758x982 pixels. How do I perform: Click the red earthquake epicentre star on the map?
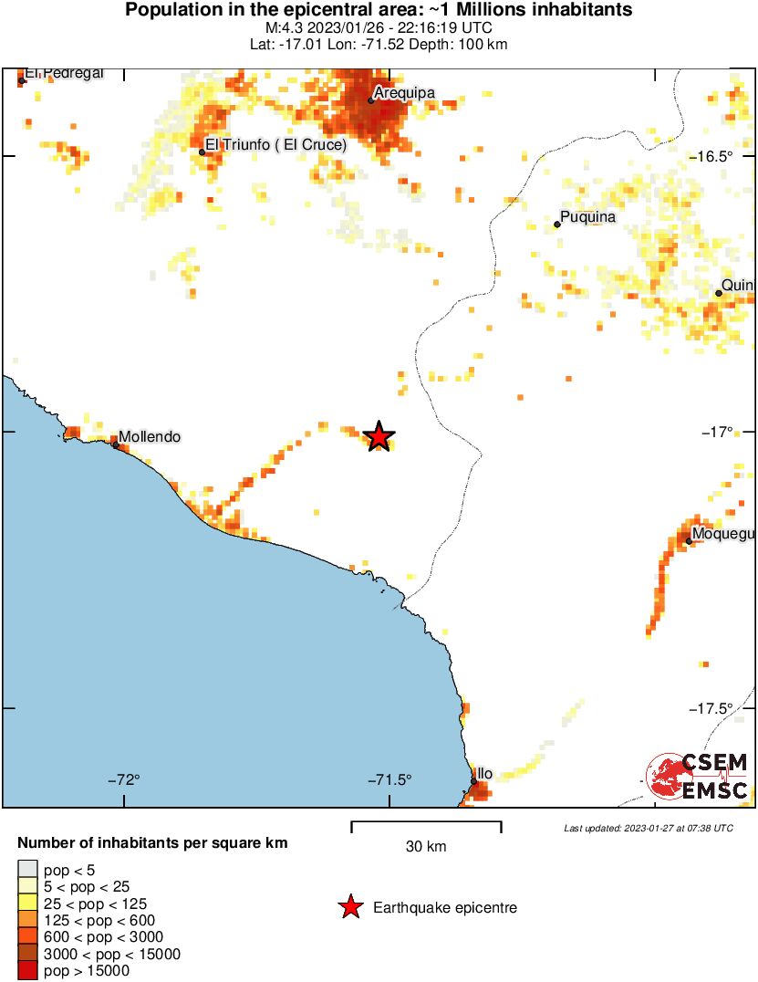(x=379, y=437)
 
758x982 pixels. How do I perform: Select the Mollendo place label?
(x=151, y=437)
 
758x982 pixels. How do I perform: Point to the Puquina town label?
(x=588, y=217)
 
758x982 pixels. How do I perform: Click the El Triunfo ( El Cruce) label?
(x=276, y=144)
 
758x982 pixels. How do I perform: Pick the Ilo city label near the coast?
(x=485, y=774)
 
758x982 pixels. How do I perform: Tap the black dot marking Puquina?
(x=556, y=224)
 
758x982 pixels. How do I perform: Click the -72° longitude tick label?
(x=125, y=779)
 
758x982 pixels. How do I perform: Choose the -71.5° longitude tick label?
(x=390, y=779)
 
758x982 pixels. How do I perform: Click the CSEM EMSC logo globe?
(x=669, y=777)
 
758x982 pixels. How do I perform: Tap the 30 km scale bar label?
(x=426, y=847)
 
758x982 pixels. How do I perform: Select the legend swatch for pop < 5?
(x=28, y=870)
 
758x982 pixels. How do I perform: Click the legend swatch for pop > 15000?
(x=28, y=971)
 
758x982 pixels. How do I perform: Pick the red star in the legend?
(x=349, y=907)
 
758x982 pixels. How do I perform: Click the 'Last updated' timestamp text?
(x=649, y=828)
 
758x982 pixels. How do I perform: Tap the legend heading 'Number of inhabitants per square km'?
(x=153, y=842)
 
